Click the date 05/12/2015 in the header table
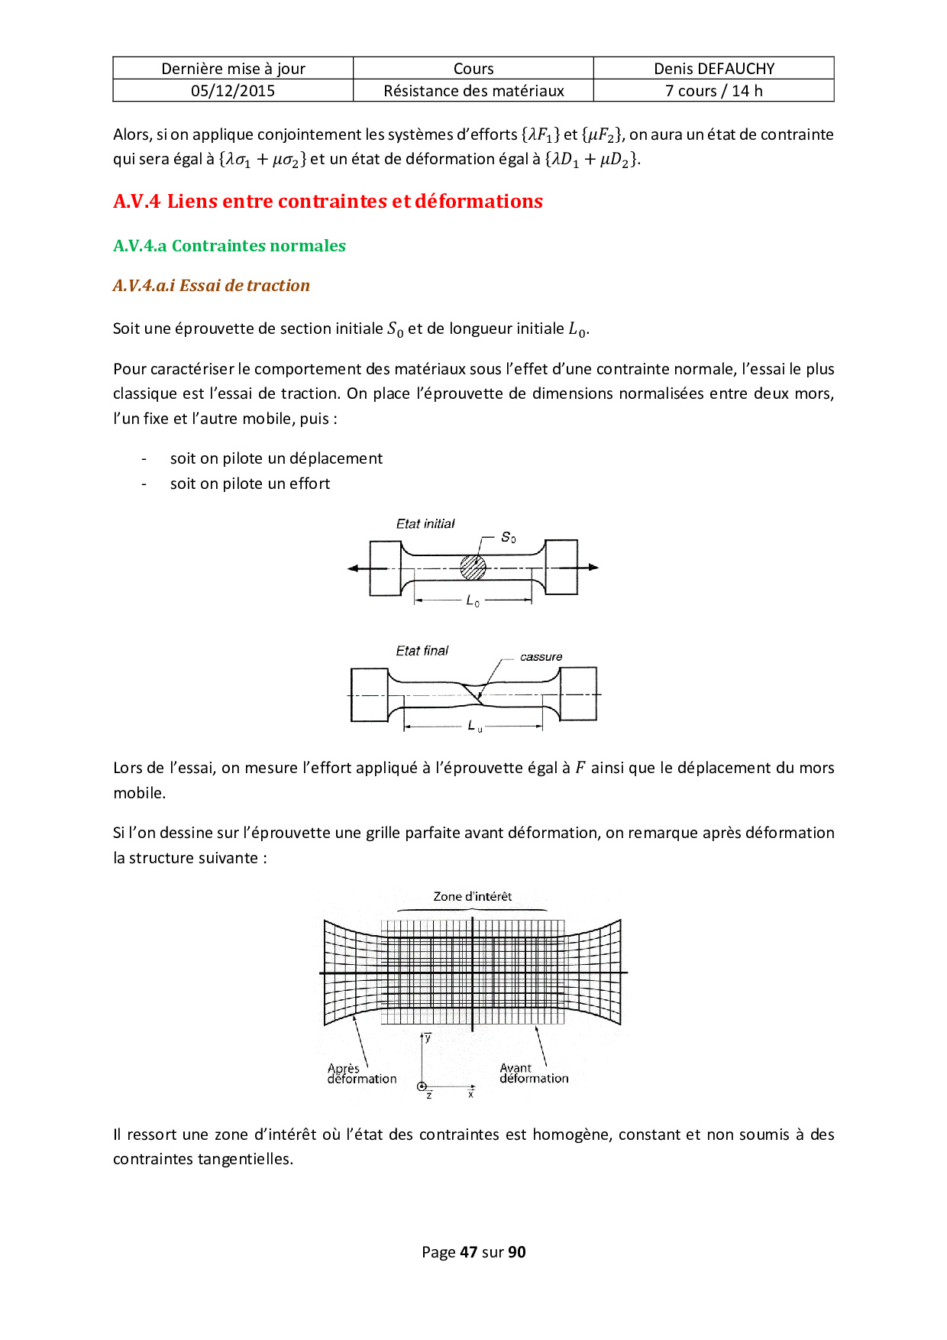(233, 91)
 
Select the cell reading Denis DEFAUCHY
(713, 69)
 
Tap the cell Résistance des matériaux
(473, 91)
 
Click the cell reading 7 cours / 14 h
(713, 91)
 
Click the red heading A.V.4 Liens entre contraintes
(328, 201)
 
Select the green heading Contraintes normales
(229, 246)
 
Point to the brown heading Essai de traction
(212, 286)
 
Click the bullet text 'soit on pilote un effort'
(250, 484)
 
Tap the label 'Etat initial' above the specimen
(425, 524)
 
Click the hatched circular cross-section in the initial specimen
(473, 568)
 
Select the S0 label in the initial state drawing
(508, 538)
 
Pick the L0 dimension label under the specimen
(473, 602)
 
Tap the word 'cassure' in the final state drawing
(541, 657)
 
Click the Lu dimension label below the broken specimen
(474, 726)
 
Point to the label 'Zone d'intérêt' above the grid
(472, 897)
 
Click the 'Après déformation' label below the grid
(361, 1074)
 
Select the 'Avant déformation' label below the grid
(533, 1073)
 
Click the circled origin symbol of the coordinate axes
(422, 1086)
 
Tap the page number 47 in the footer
(468, 1252)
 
